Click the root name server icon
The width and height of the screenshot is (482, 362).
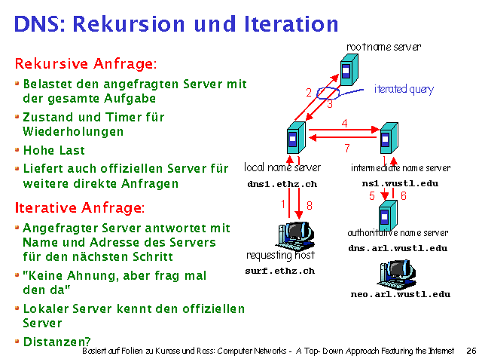[x=347, y=69]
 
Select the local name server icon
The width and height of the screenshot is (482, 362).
[x=293, y=140]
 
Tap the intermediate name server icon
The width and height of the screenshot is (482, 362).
[x=387, y=138]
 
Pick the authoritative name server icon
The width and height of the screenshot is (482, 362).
[x=387, y=213]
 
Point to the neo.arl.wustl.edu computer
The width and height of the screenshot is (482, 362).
[x=396, y=272]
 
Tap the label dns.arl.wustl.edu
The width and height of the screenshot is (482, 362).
[x=398, y=248]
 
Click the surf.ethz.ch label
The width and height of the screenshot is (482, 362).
[x=280, y=271]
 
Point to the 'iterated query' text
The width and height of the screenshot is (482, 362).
[x=404, y=90]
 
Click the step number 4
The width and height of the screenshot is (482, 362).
[x=344, y=122]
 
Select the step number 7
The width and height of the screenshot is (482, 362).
[x=346, y=148]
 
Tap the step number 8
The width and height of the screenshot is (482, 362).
[x=309, y=204]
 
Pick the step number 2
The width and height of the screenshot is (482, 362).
[x=309, y=93]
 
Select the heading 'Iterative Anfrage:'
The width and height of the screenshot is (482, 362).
[x=79, y=207]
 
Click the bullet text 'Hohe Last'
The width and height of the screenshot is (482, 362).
[x=53, y=150]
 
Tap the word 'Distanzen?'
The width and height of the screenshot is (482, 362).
[x=56, y=342]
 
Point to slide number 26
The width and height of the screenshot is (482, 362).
[x=471, y=351]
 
